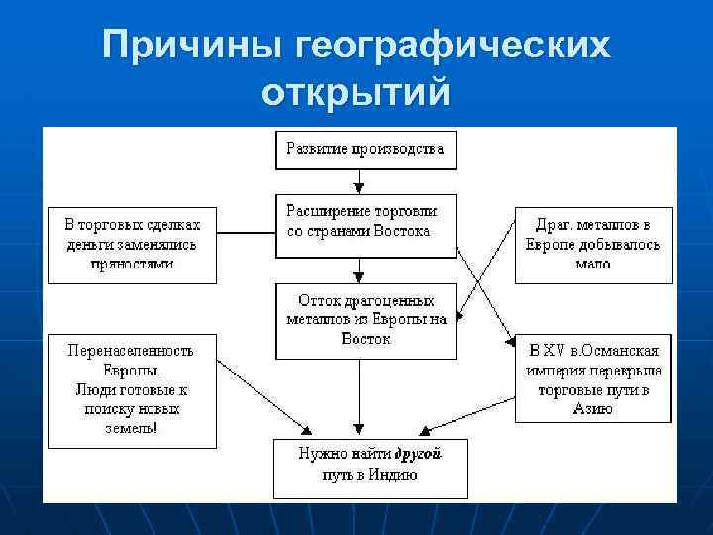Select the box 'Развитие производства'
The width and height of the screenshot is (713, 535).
[x=365, y=151]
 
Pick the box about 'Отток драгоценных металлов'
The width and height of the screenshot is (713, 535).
[x=365, y=320]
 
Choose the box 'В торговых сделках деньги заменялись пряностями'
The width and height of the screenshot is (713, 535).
[x=131, y=244]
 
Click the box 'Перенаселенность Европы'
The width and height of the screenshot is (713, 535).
[x=131, y=389]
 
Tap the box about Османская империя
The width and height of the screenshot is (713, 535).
[x=594, y=379]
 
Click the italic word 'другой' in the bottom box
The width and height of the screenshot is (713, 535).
[x=417, y=454]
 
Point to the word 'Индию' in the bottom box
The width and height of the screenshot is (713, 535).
[x=395, y=475]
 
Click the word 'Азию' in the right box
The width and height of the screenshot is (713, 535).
[x=593, y=408]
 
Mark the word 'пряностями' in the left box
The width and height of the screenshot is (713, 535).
[x=131, y=264]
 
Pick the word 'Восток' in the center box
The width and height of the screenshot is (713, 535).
[x=366, y=339]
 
